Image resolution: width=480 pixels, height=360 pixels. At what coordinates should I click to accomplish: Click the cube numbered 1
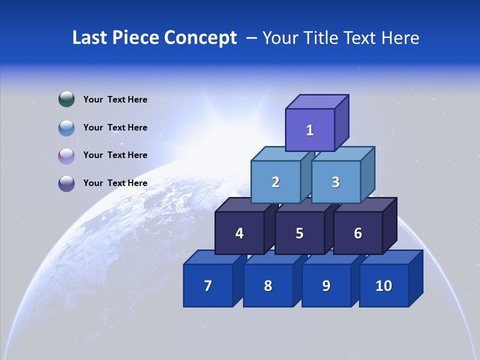(x=310, y=130)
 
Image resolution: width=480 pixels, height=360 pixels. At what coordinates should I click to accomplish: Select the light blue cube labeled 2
(x=275, y=182)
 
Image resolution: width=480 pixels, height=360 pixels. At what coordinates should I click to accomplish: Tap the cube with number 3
(x=335, y=182)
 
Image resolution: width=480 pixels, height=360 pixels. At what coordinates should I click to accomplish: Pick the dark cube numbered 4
(x=239, y=233)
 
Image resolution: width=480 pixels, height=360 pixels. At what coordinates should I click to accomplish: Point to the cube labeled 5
(x=299, y=233)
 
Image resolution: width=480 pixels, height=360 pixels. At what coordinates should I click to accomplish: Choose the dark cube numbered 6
(x=358, y=233)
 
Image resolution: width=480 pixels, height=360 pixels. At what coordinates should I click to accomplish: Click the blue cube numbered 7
(x=208, y=285)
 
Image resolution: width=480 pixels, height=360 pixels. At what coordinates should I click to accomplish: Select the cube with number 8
(x=268, y=285)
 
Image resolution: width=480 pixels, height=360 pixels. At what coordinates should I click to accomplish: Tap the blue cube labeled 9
(x=326, y=285)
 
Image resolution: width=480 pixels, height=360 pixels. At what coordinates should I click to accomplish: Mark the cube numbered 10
(x=384, y=285)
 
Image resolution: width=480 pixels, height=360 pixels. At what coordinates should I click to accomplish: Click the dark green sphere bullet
(x=66, y=99)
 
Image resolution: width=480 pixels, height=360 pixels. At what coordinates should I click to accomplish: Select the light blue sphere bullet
(x=66, y=127)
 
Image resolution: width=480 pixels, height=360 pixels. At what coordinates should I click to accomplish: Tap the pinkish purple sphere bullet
(x=66, y=155)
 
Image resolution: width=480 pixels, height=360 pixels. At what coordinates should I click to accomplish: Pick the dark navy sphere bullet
(x=66, y=183)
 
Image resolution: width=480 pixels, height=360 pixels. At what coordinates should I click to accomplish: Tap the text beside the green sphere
(x=115, y=99)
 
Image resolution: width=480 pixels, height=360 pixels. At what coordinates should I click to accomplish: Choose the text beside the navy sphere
(x=115, y=183)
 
